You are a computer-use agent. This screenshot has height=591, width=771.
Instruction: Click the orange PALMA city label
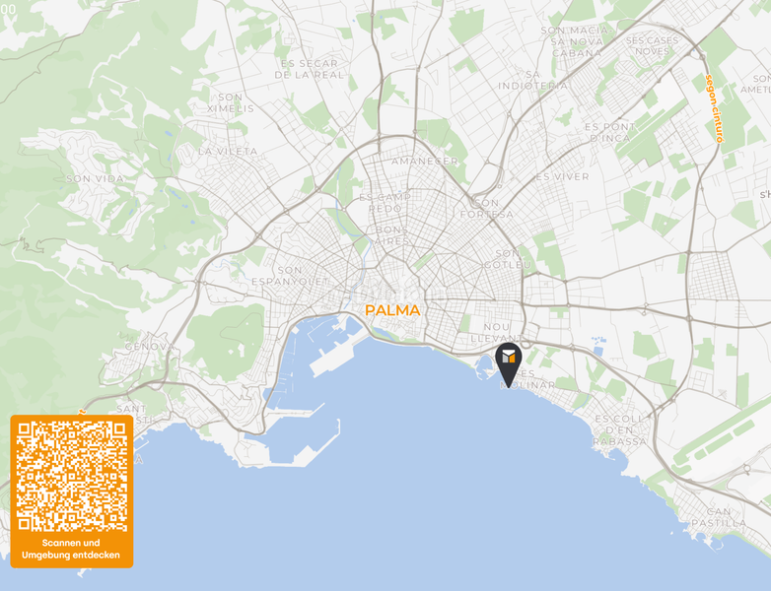392,310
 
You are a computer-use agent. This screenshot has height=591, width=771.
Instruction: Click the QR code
72,476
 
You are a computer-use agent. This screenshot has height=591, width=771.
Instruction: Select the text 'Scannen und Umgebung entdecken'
71,549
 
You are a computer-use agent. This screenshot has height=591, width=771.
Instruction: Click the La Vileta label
228,152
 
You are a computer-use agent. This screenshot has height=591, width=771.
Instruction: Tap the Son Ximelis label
231,102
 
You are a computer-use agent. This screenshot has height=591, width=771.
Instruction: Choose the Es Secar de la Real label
310,68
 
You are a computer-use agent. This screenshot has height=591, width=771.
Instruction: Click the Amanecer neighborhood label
425,161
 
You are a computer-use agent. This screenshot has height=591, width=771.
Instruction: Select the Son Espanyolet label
290,275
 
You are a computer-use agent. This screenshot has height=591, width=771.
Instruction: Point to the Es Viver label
562,176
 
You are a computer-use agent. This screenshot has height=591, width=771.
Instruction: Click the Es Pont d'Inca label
610,132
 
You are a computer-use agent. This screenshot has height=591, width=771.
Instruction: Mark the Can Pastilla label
733,517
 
